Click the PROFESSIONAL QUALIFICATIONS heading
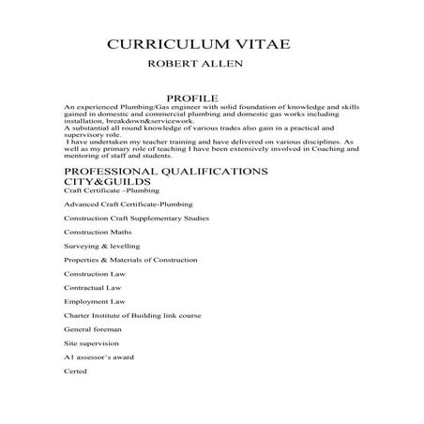pos(165,172)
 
